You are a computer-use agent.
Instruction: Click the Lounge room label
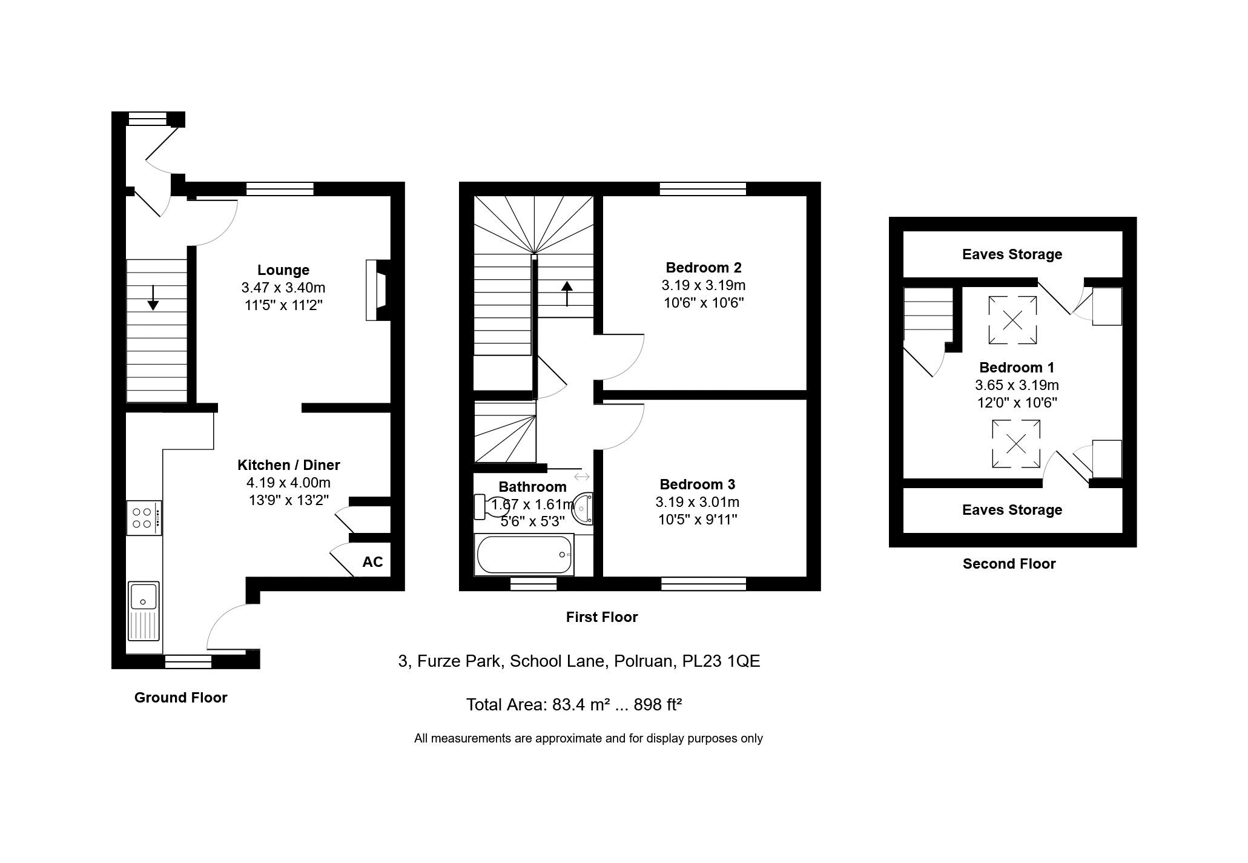pos(283,270)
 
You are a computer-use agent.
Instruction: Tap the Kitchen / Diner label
pos(289,465)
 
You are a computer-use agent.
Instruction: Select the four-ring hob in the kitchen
pos(144,518)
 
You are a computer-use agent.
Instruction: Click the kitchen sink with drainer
pos(144,610)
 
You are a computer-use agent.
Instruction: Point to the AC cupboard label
pos(372,562)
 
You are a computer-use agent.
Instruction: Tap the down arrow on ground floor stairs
pos(153,297)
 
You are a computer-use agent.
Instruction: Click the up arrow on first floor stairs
pos(567,294)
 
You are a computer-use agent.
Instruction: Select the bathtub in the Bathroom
pos(524,555)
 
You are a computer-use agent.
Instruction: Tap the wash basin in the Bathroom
pos(583,508)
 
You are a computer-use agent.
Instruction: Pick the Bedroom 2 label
pos(704,268)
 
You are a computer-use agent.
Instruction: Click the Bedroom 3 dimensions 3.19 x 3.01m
pos(698,502)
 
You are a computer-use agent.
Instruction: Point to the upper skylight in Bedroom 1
pos(1012,319)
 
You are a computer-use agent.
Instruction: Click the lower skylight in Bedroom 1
pos(1016,444)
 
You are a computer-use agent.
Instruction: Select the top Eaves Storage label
pos(1012,254)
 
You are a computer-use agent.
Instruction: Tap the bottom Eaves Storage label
pos(1012,510)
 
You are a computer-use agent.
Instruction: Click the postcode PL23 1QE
pos(721,661)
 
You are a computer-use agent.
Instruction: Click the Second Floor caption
pos(1009,564)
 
